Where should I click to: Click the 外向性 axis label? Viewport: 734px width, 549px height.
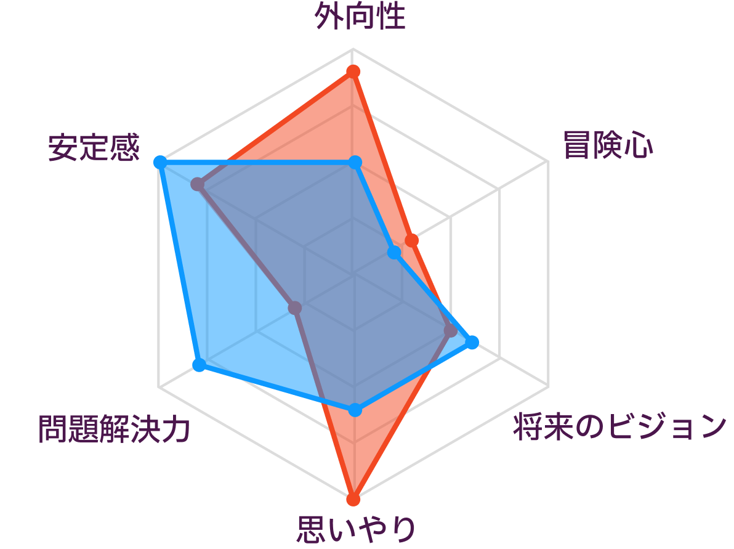360,17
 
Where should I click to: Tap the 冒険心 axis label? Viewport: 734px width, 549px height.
608,145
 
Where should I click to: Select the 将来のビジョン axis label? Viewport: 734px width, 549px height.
620,427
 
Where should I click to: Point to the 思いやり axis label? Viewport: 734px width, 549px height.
357,529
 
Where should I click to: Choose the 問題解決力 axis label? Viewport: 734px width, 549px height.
114,429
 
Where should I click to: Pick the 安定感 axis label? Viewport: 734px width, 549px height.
94,147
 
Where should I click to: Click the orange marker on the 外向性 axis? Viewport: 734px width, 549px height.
353,71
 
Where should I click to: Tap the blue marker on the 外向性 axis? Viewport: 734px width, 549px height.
355,163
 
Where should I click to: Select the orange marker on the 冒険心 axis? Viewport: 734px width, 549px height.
411,241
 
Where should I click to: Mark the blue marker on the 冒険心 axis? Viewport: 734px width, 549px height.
395,253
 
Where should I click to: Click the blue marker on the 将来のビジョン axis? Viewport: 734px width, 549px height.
472,343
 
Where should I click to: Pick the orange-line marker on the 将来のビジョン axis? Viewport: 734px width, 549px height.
450,331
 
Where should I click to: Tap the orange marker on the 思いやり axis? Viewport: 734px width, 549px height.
353,499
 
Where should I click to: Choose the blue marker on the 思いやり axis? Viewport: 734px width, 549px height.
355,410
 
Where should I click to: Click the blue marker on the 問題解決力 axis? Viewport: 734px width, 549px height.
200,365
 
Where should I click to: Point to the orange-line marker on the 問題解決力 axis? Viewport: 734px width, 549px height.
295,307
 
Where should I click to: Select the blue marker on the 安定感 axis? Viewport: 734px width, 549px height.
160,163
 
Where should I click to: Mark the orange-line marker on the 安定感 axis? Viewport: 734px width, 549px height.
198,184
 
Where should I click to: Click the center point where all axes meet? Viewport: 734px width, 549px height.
353,274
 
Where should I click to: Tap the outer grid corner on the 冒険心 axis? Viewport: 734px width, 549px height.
548,161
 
